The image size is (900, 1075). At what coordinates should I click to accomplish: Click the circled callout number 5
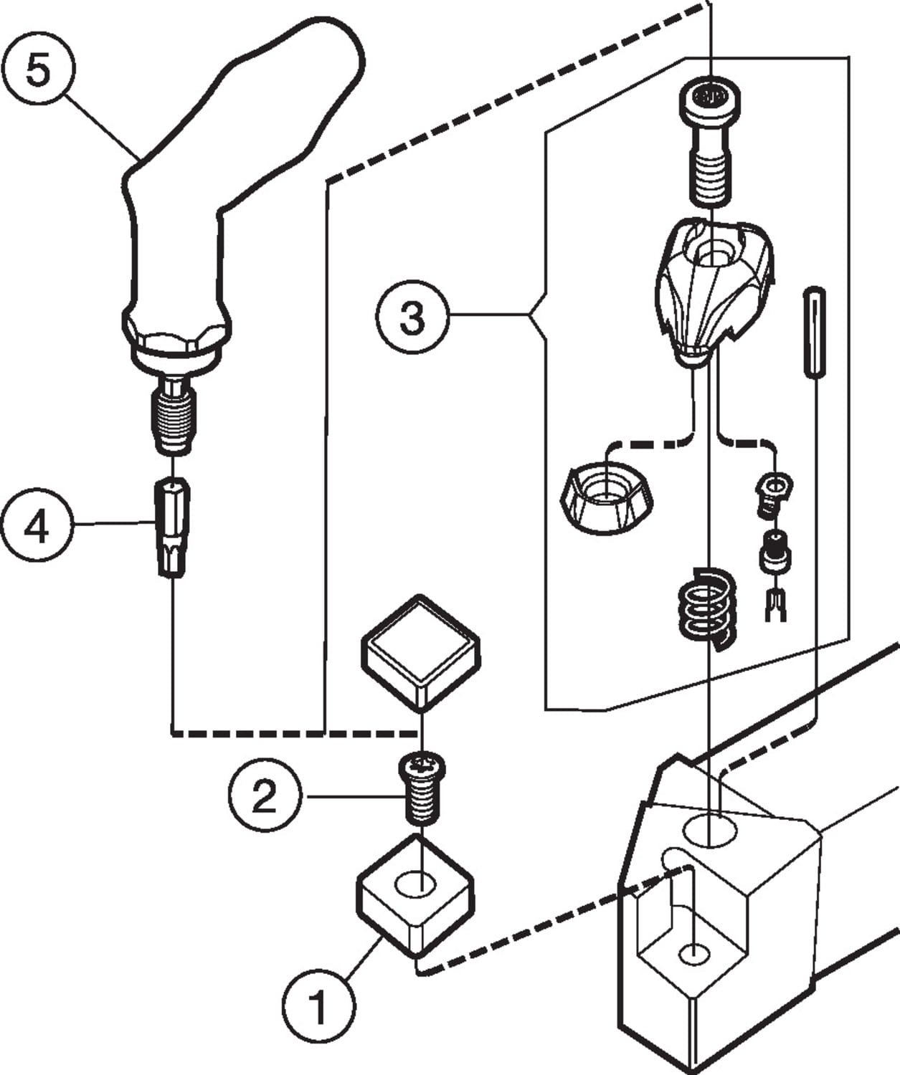click(39, 72)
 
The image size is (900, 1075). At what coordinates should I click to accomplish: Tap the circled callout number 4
click(37, 529)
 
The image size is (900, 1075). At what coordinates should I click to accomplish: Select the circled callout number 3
click(412, 317)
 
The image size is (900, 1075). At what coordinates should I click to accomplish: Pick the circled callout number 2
click(264, 795)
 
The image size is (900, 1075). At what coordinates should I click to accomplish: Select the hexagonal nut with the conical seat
click(607, 498)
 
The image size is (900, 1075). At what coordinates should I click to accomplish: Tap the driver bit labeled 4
click(172, 527)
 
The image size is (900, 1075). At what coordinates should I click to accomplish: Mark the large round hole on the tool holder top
click(710, 832)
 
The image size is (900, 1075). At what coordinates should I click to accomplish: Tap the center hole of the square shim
click(417, 882)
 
